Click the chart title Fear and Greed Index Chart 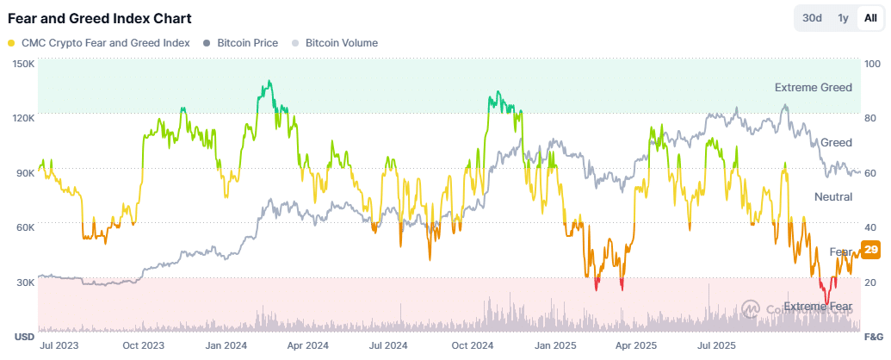pos(100,18)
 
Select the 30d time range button pos(812,18)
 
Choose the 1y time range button pos(843,18)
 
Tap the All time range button pos(870,18)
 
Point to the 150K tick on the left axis pos(23,64)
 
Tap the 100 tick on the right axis pos(872,64)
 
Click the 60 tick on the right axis pos(870,173)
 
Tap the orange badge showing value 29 pos(870,250)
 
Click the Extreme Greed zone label pos(813,88)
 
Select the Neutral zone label pos(832,197)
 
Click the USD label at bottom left pos(23,336)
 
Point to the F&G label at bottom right pos(872,336)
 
